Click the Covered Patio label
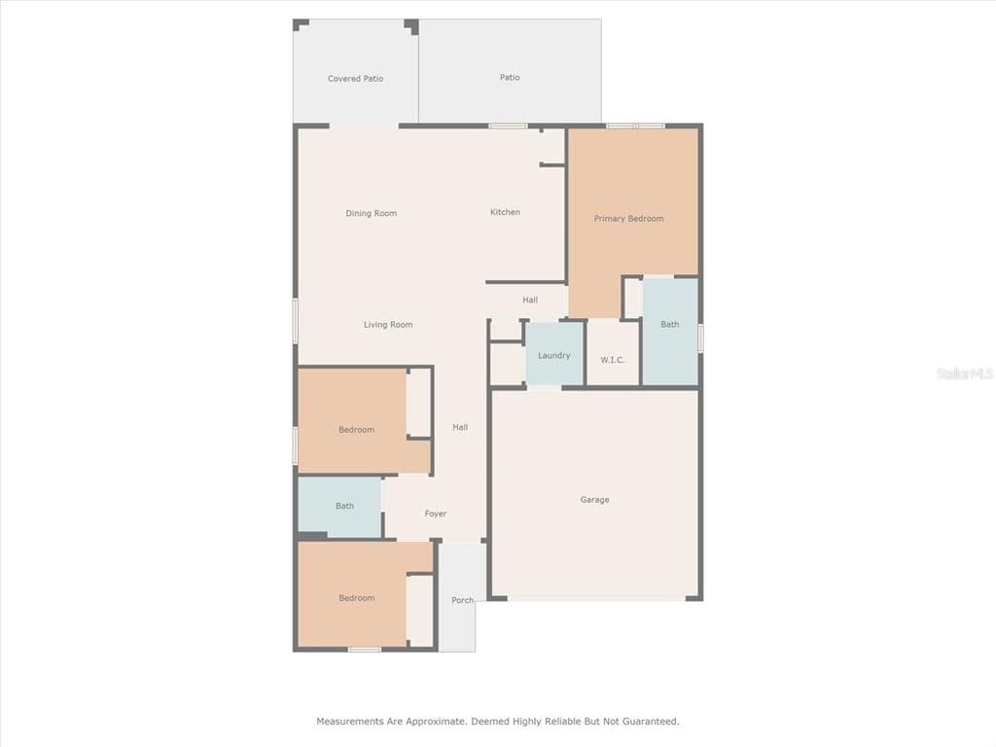(x=356, y=79)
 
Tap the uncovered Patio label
(x=510, y=78)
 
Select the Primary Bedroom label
(x=629, y=219)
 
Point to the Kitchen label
(x=505, y=212)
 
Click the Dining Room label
(x=371, y=213)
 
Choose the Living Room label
(x=388, y=325)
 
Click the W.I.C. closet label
(x=613, y=360)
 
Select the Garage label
(x=594, y=500)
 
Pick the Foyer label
(x=436, y=514)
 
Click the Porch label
(x=462, y=600)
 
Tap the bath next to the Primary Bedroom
(x=670, y=331)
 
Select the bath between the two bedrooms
(x=339, y=506)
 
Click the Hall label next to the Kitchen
(x=530, y=300)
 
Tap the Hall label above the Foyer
(x=460, y=428)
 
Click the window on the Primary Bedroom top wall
(x=635, y=126)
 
